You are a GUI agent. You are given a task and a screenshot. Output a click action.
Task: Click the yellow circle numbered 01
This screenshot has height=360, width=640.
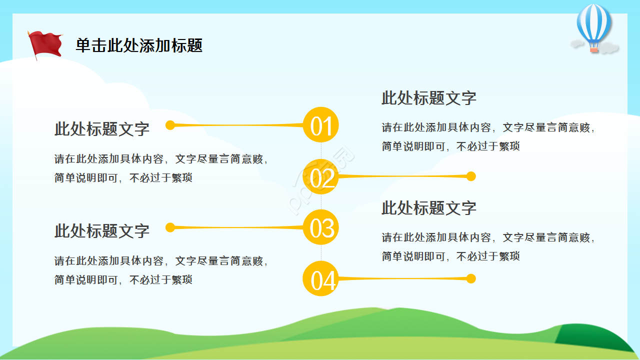point(321,125)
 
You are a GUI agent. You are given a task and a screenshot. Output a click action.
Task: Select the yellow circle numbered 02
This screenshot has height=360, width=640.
point(321,176)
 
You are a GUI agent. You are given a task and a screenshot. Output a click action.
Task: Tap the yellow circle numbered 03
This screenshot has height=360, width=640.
point(321,227)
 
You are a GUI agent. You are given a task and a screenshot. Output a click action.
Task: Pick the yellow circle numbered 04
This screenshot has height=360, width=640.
point(321,278)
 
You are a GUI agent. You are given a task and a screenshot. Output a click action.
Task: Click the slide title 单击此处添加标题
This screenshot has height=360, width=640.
point(139,45)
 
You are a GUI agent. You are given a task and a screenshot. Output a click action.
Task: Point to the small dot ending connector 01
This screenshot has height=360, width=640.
point(170,125)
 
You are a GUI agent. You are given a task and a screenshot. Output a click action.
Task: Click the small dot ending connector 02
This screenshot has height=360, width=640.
point(470,176)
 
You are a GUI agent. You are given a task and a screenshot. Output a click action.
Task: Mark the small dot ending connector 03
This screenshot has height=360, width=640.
point(170,227)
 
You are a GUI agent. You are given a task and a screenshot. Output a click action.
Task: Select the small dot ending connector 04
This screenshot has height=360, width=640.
point(470,278)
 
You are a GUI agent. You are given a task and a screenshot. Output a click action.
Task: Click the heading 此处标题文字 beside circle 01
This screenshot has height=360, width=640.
point(102,129)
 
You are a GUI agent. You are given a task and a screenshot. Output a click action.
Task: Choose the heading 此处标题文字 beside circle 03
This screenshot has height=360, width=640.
point(102,231)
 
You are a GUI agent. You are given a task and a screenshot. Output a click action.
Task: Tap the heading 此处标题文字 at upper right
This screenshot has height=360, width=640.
point(429,98)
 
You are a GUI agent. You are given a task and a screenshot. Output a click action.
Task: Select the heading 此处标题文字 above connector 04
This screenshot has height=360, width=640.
point(429,208)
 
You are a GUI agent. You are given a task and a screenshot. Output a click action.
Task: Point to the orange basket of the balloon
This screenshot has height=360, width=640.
point(593,49)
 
